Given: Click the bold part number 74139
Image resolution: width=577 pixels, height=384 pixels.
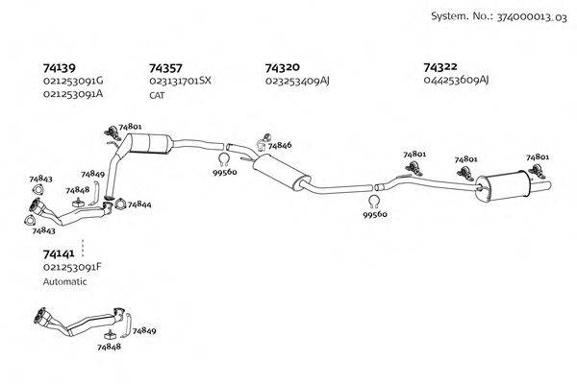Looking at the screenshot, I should pyautogui.click(x=61, y=68).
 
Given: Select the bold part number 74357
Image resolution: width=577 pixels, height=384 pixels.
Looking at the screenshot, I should pyautogui.click(x=166, y=68).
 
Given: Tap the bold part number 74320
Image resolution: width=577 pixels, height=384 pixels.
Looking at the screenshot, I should pyautogui.click(x=282, y=68).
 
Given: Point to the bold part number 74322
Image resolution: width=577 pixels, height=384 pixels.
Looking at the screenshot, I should pyautogui.click(x=440, y=68).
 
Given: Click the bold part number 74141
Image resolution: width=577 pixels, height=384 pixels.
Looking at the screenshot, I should pyautogui.click(x=60, y=252).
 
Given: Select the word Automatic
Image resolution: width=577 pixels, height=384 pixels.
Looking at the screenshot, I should pyautogui.click(x=65, y=282).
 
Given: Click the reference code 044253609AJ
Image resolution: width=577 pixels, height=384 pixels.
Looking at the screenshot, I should pyautogui.click(x=456, y=82).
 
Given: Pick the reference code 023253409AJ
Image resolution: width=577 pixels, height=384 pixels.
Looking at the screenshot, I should pyautogui.click(x=297, y=82).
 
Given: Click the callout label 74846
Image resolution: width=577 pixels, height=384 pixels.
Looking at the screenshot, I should pyautogui.click(x=280, y=145).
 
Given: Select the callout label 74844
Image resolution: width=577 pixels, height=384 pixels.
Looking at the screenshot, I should pyautogui.click(x=138, y=204).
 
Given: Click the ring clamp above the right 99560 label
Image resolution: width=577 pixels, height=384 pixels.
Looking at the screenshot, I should pyautogui.click(x=374, y=202).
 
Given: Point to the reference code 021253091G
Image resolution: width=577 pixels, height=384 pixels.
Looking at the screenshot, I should pyautogui.click(x=73, y=82).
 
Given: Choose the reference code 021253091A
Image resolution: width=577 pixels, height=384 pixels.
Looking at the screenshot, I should pyautogui.click(x=73, y=95).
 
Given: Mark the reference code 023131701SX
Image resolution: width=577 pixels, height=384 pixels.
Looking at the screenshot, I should pyautogui.click(x=180, y=82).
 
